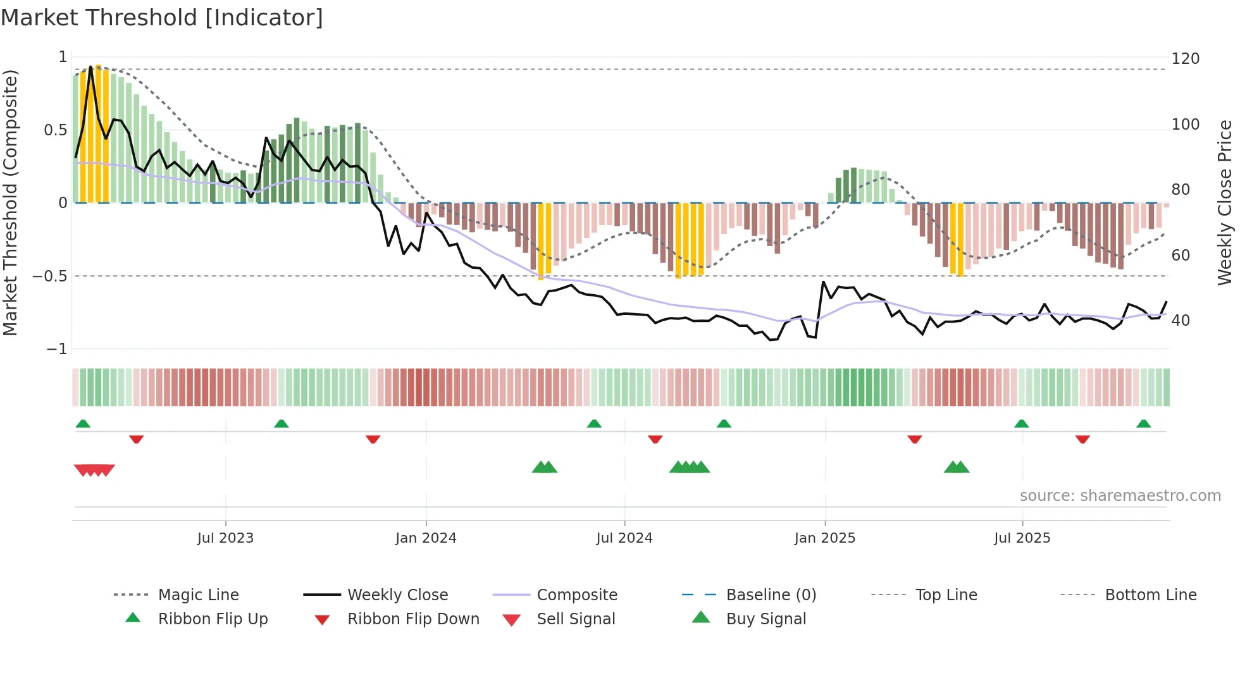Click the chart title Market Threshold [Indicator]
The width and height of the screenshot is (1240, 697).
pyautogui.click(x=162, y=18)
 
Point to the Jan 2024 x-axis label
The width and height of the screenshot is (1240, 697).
pyautogui.click(x=426, y=538)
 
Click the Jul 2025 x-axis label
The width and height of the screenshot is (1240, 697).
pyautogui.click(x=1022, y=538)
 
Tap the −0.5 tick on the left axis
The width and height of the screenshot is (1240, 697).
pyautogui.click(x=50, y=276)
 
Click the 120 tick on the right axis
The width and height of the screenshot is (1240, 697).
pyautogui.click(x=1185, y=59)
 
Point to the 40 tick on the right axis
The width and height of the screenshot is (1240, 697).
pyautogui.click(x=1181, y=321)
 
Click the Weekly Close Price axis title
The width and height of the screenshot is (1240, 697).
pyautogui.click(x=1225, y=202)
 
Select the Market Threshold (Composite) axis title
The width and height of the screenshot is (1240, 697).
pyautogui.click(x=10, y=202)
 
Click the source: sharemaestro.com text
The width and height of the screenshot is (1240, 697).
pyautogui.click(x=1120, y=496)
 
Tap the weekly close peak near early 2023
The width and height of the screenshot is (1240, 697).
pyautogui.click(x=91, y=66)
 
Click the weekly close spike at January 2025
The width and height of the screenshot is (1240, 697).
pyautogui.click(x=824, y=281)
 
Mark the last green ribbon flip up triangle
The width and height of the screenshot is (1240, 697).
pyautogui.click(x=1143, y=424)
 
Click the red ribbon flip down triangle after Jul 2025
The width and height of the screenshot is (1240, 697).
pyautogui.click(x=1082, y=439)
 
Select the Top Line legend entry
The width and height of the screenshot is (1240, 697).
pyautogui.click(x=946, y=595)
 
